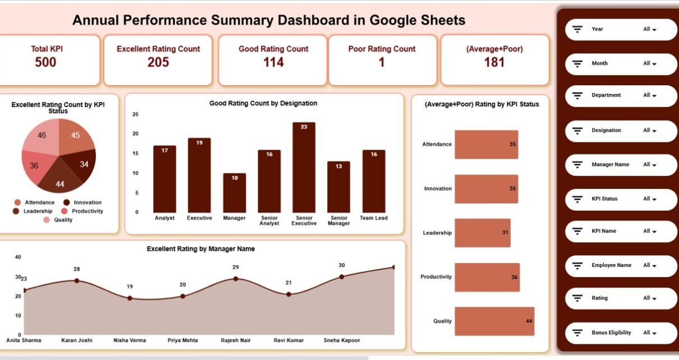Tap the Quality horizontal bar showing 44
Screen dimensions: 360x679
494,321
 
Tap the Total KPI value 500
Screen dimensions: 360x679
45,62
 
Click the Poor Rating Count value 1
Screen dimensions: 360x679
382,62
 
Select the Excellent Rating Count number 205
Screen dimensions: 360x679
158,62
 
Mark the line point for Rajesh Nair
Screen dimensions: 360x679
236,279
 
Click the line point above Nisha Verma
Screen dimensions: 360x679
130,298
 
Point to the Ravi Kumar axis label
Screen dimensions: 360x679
288,340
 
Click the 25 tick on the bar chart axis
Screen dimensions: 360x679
135,114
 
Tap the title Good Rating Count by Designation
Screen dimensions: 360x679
263,103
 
